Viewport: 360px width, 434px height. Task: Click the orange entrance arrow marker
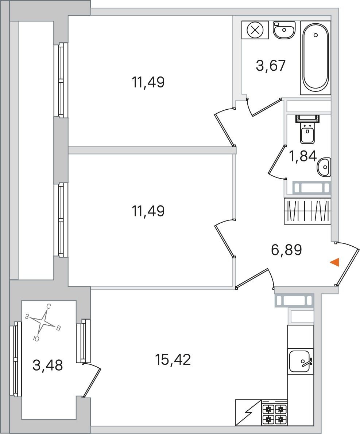click(x=335, y=262)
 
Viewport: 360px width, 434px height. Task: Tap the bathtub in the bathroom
click(x=315, y=58)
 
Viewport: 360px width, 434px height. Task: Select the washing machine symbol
click(x=255, y=30)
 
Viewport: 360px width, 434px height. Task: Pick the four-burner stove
click(x=275, y=414)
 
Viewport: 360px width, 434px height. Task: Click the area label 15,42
click(x=173, y=360)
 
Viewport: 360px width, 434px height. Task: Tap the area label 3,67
click(x=270, y=66)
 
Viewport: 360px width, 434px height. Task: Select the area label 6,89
click(x=286, y=250)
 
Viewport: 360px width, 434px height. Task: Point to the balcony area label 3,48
click(x=48, y=365)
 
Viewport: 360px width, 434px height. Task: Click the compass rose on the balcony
click(x=43, y=322)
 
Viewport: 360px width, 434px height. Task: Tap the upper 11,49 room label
click(x=148, y=82)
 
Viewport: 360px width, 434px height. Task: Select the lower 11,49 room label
click(x=148, y=211)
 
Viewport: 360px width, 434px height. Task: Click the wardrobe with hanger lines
click(x=307, y=211)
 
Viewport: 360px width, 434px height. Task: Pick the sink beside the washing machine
click(x=284, y=30)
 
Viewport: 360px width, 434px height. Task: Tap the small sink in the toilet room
click(x=324, y=167)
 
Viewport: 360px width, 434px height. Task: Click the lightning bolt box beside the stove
click(x=248, y=412)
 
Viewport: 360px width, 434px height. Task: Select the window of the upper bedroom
click(x=61, y=80)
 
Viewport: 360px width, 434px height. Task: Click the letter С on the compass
click(x=48, y=306)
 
